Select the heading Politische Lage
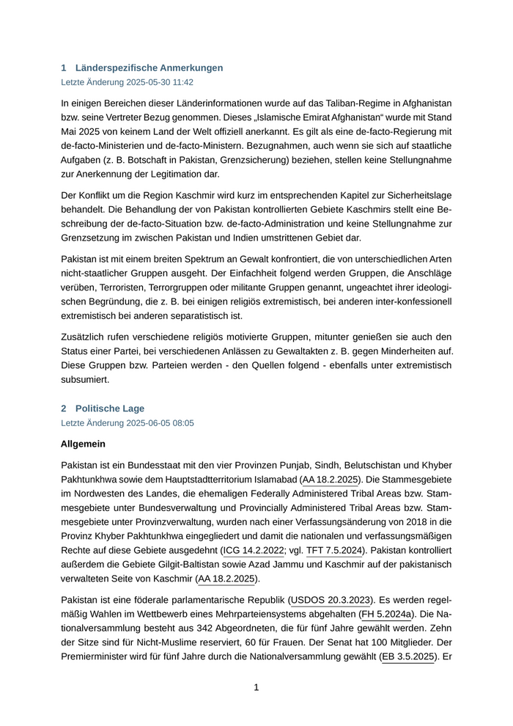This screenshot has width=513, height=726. click(109, 408)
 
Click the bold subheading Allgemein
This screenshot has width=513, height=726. click(83, 444)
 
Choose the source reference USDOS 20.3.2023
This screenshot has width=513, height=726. click(332, 599)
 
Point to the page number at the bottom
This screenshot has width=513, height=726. click(256, 687)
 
